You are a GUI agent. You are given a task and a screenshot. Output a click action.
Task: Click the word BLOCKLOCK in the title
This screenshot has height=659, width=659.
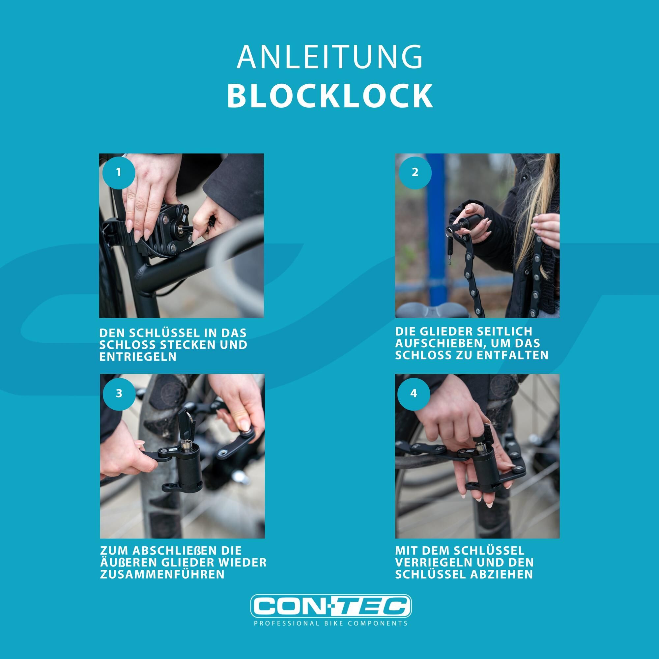[330, 96]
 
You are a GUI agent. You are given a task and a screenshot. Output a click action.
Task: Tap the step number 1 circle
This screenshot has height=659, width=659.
[119, 172]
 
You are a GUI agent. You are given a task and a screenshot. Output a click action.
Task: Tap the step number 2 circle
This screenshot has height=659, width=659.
[415, 172]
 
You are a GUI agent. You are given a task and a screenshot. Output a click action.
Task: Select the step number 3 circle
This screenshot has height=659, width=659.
[119, 393]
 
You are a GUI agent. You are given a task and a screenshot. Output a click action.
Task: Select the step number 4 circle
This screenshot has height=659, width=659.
[414, 393]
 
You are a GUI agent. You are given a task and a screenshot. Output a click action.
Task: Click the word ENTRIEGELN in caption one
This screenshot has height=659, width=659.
[138, 357]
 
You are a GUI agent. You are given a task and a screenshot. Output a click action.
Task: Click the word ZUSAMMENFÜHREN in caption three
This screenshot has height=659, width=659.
[162, 574]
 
